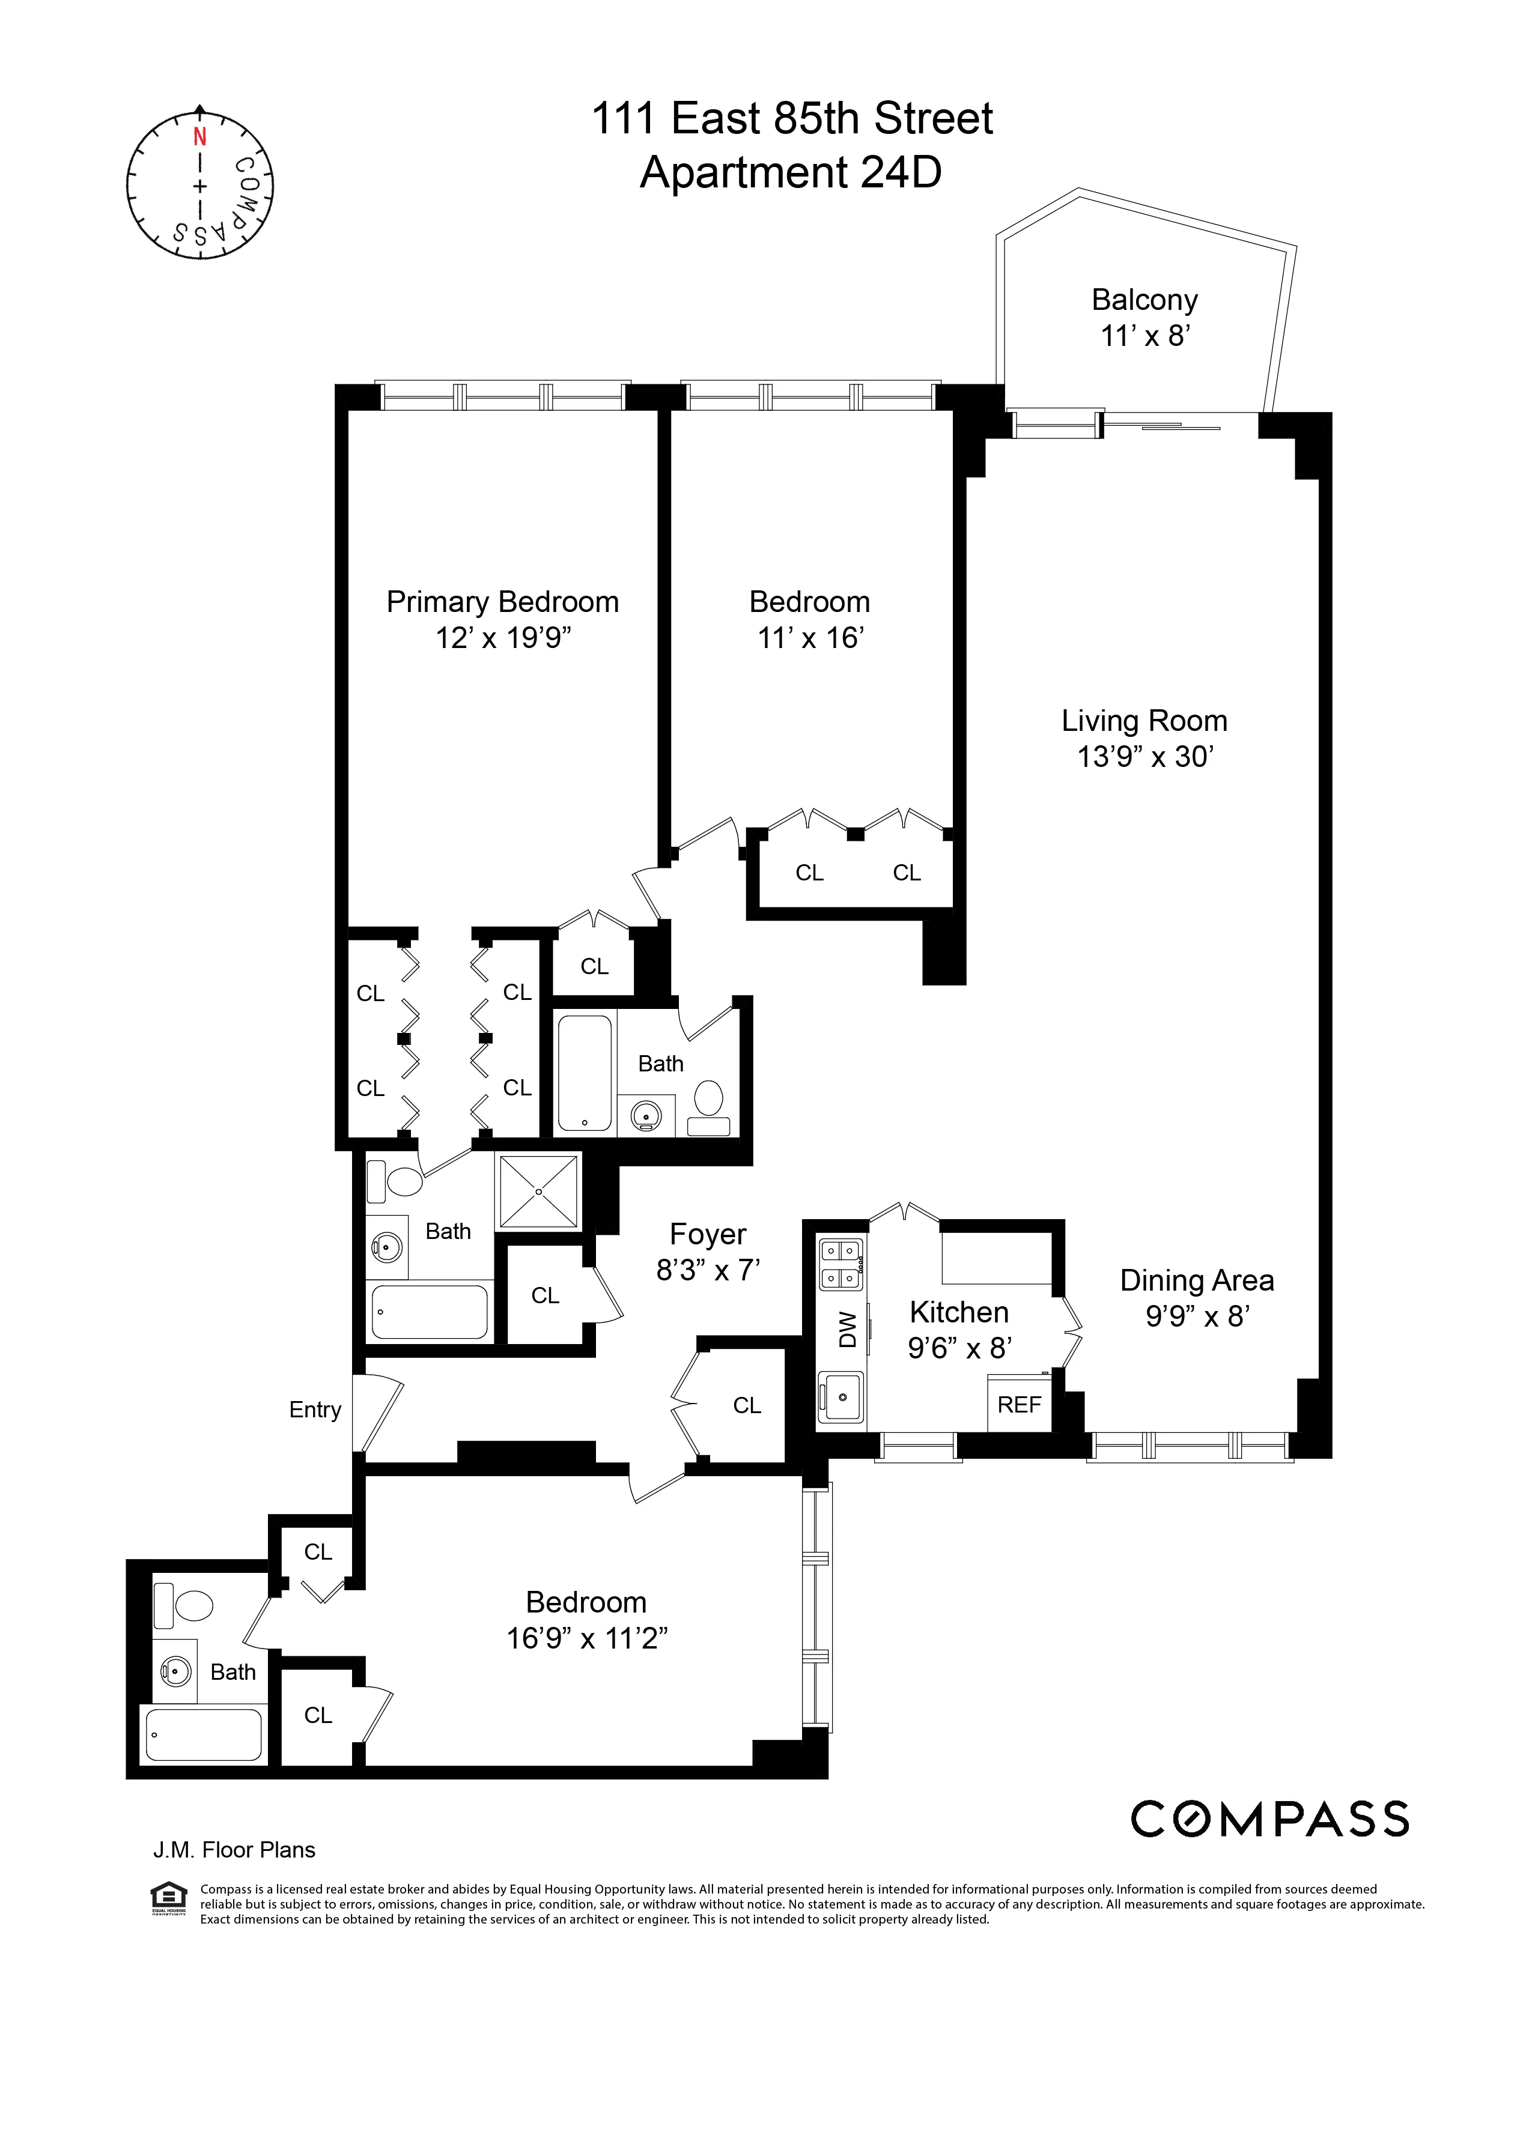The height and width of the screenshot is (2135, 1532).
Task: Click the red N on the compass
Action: click(199, 136)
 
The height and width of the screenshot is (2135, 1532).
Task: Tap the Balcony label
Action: click(1144, 299)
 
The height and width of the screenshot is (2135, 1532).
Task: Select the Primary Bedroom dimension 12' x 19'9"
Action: click(503, 638)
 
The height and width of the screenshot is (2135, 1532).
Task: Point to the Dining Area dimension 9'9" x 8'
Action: click(1197, 1315)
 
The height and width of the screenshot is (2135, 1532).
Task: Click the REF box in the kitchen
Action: click(1019, 1405)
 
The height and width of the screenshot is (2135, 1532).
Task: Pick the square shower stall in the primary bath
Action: click(538, 1191)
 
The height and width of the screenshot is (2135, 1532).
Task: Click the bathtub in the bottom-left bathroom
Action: click(204, 1734)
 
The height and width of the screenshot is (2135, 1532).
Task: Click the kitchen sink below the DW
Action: click(841, 1397)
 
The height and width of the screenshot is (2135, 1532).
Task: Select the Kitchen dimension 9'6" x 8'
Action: click(959, 1348)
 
